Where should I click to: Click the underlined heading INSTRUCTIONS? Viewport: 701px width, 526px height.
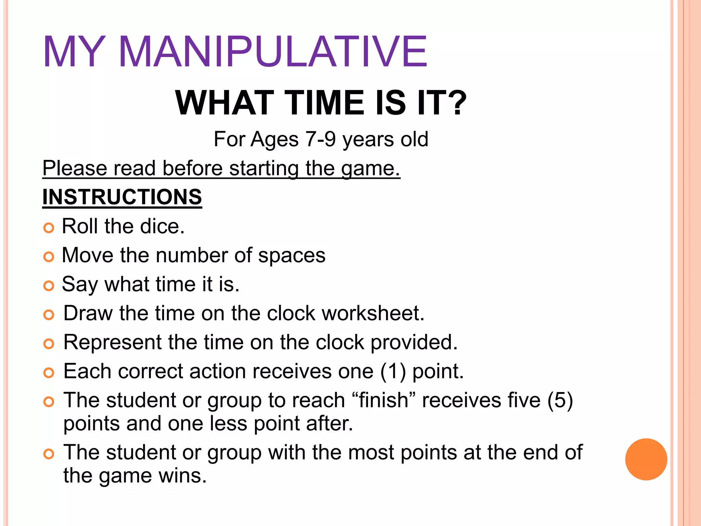122,197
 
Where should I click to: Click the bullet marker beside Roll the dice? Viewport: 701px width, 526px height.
49,228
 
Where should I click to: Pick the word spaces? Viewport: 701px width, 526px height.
292,255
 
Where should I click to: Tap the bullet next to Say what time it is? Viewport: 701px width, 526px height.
49,286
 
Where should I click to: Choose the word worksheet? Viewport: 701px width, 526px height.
373,313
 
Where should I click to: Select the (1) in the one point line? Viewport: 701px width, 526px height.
393,371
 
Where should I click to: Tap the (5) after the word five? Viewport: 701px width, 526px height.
560,400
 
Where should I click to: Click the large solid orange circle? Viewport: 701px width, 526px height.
646,459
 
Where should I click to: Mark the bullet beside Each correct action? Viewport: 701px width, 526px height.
49,373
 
